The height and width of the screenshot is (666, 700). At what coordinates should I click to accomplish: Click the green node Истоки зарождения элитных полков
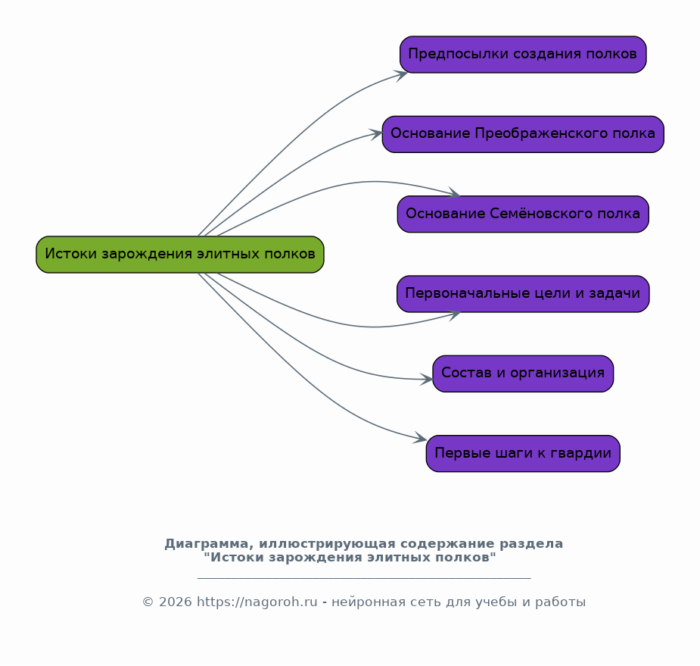pos(180,255)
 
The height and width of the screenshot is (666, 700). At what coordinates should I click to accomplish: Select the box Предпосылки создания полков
pos(523,55)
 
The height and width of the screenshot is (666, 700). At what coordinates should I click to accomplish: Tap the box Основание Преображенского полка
pos(523,134)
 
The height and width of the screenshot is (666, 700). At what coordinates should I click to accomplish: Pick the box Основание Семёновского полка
pos(523,214)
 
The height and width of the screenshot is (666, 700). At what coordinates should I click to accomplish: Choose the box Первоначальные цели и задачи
pos(523,294)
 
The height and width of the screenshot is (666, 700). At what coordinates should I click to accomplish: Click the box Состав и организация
pos(523,374)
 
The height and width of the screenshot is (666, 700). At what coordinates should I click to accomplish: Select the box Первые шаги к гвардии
pos(523,453)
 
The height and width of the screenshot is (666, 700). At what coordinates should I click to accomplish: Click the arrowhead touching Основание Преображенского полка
pos(377,134)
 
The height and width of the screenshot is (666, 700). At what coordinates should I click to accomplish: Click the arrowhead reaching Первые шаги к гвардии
pos(421,439)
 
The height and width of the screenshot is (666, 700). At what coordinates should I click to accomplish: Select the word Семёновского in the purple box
pos(541,214)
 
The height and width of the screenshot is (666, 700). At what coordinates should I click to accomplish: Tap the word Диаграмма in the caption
pos(209,544)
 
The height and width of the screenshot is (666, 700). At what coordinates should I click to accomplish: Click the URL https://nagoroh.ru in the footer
pos(257,602)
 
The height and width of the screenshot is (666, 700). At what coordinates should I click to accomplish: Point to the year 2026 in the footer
pos(176,602)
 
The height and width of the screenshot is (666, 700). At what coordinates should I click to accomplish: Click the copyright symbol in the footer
pos(148,602)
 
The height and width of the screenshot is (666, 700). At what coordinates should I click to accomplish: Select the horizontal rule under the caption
pos(364,578)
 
